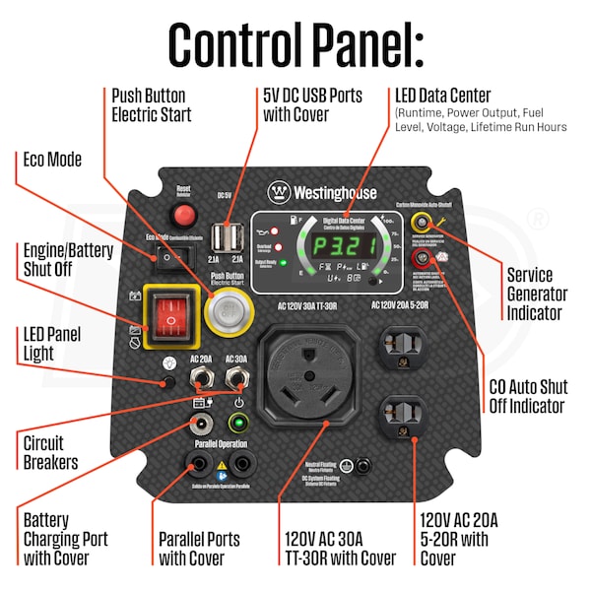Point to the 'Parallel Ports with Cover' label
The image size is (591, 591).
pyautogui.click(x=199, y=549)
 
